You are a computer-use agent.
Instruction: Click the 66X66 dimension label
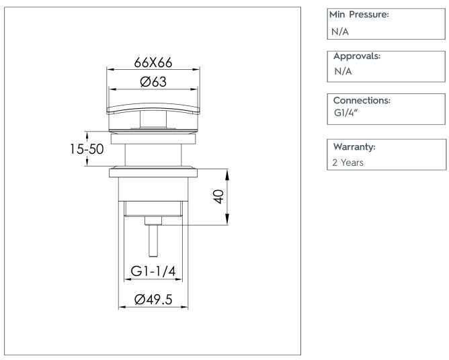(153, 62)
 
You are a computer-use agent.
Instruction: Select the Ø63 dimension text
(154, 82)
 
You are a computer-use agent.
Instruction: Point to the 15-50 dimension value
(87, 149)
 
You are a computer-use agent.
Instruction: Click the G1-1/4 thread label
(153, 272)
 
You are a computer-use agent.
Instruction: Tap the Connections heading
(362, 100)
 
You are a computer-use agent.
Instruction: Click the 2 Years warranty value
(349, 162)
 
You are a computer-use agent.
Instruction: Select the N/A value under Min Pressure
(341, 30)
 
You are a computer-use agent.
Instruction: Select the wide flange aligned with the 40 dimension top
(153, 172)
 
